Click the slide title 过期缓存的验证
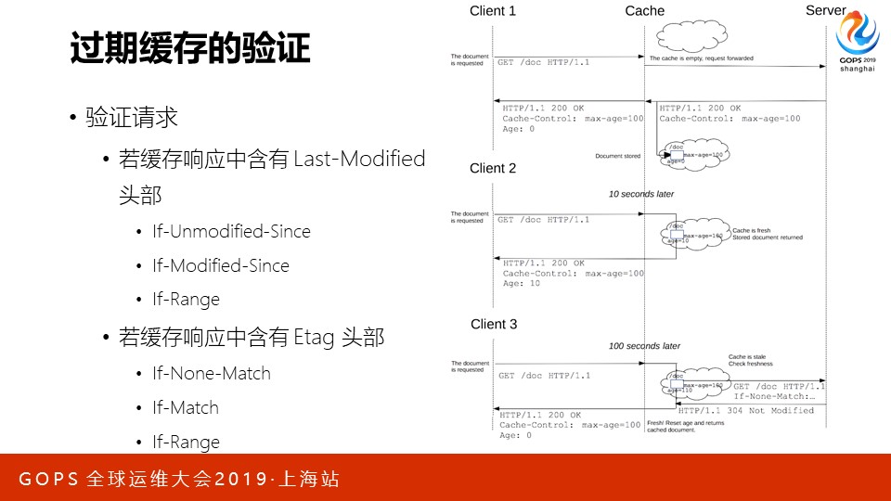pos(190,48)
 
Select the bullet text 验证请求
pos(131,118)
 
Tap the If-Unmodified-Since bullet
pos(231,231)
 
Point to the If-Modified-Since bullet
pos(221,265)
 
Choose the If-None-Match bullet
pos(212,373)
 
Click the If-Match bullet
pos(186,407)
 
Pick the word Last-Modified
pos(359,159)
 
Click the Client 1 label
pos(493,11)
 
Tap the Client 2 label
pos(493,169)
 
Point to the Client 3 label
pos(494,325)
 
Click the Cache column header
pos(645,11)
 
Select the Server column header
pos(825,10)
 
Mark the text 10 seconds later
pos(641,195)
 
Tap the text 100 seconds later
pos(644,346)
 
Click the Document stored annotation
pos(617,156)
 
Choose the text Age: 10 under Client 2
pos(521,284)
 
